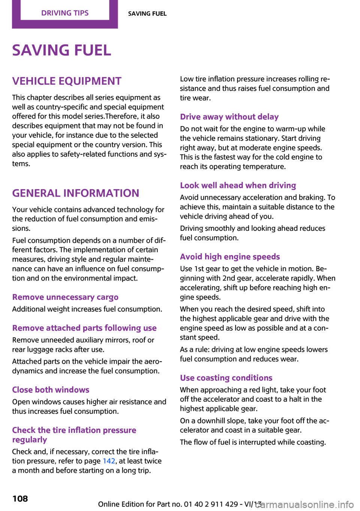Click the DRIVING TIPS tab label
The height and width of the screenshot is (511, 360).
point(65,13)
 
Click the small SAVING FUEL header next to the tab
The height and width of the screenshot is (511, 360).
point(147,14)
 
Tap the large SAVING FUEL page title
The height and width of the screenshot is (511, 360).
point(61,50)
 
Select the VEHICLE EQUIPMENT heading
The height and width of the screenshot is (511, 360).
point(67,81)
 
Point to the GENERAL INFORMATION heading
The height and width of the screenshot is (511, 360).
point(75,193)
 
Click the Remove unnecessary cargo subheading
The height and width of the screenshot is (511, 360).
point(65,297)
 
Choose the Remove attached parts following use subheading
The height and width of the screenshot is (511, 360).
point(84,328)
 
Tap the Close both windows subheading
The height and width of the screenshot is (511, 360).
point(51,390)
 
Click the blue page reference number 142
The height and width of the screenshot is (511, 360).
point(109,461)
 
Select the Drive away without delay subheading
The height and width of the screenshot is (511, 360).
point(229,117)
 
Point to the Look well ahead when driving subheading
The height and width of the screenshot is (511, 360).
point(238,185)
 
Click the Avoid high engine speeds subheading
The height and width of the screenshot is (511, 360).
point(230,257)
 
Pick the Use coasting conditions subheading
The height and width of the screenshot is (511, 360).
point(226,378)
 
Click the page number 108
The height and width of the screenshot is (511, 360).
point(20,499)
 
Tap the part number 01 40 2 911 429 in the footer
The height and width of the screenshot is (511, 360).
point(211,504)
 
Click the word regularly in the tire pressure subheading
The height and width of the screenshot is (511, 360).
point(30,440)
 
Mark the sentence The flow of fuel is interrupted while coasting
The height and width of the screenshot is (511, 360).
point(253,442)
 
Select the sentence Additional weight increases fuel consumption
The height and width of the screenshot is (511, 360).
point(87,309)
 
